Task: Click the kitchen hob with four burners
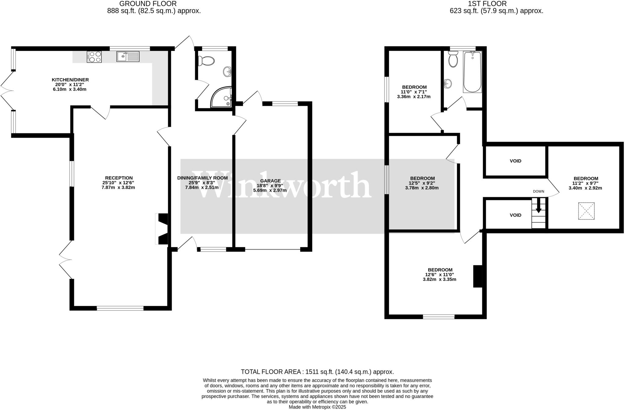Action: coord(94,57)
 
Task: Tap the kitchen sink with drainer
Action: coord(128,56)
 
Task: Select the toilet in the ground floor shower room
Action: coord(206,61)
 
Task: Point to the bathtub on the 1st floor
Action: coord(472,72)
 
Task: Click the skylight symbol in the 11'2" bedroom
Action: coord(586,211)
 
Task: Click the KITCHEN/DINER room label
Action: coord(70,80)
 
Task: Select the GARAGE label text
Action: coord(270,181)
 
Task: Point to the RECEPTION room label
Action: coord(119,178)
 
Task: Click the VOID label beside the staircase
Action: coord(515,215)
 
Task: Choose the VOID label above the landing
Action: coord(515,161)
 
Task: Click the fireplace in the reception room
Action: coord(162,229)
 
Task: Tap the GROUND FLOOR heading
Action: coord(148,4)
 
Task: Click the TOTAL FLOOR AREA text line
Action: coord(317,372)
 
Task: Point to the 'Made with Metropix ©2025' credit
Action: coord(317,407)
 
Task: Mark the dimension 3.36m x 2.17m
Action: coord(414,97)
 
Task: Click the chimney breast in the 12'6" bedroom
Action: coord(478,276)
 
